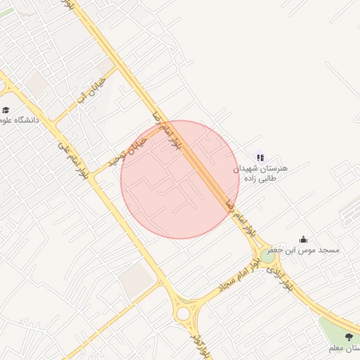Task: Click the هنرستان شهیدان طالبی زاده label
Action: click(x=260, y=174)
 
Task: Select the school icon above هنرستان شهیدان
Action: click(x=260, y=158)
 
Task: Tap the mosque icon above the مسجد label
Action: click(x=303, y=239)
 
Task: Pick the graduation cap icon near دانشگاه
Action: click(x=6, y=110)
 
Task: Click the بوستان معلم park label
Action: click(x=345, y=348)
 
